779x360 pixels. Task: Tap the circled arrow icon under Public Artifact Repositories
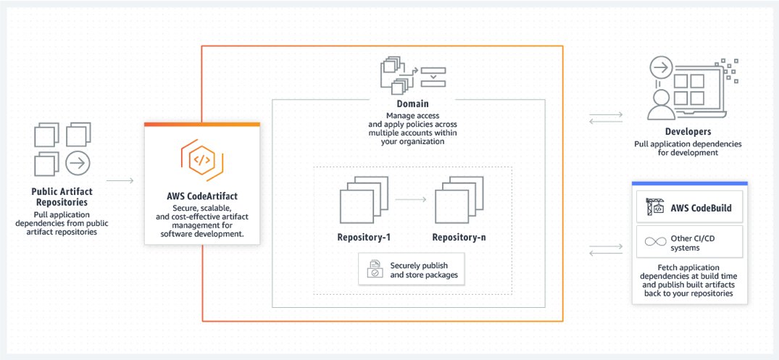point(78,164)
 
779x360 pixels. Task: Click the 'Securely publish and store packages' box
point(412,269)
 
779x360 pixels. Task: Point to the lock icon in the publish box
point(374,269)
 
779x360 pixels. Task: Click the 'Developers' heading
point(688,132)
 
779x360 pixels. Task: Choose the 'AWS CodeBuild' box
point(688,209)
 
